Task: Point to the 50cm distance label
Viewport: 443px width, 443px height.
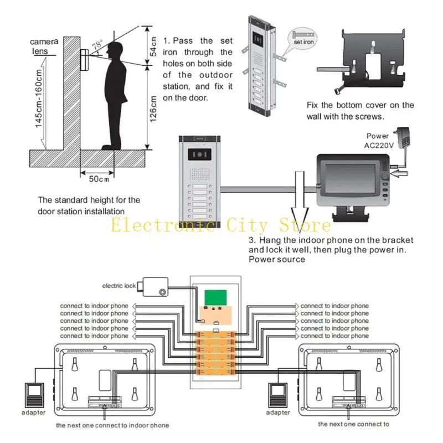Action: click(x=98, y=178)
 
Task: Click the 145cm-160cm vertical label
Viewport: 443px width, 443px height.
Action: click(x=39, y=99)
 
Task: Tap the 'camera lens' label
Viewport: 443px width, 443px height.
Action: click(x=43, y=46)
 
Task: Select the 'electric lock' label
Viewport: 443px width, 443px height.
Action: click(x=119, y=286)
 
